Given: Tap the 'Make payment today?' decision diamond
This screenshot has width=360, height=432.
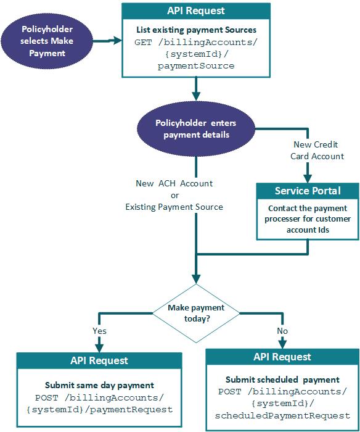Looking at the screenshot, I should [197, 313].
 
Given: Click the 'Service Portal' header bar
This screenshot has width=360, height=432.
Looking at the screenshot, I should [308, 191].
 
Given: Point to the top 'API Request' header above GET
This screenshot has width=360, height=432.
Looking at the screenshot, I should [196, 11].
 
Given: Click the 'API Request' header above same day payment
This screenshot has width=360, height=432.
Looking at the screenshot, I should [99, 360].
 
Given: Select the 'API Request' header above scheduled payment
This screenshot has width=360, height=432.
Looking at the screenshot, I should [282, 357].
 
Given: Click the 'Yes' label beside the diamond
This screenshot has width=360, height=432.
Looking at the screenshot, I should [100, 330].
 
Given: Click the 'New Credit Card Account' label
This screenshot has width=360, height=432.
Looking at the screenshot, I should [317, 150].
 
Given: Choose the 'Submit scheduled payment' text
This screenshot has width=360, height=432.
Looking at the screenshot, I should [282, 380].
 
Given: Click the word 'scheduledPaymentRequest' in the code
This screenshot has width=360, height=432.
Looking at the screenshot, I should [282, 415].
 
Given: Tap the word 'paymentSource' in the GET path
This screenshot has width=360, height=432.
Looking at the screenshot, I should [196, 65].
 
